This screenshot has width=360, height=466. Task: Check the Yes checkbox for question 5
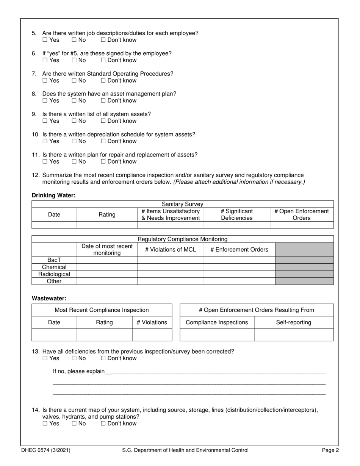[45, 40]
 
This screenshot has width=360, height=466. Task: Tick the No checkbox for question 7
[74, 81]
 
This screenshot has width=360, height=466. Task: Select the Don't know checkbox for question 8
[103, 101]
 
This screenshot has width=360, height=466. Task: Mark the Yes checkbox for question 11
[45, 162]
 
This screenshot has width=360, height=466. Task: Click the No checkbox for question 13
[74, 358]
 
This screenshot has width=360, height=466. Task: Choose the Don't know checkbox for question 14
[103, 424]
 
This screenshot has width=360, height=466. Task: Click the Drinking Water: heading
[53, 195]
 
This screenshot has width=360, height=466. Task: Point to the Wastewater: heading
[49, 299]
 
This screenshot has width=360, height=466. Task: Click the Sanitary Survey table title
[182, 204]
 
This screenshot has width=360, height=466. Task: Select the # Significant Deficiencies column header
[236, 214]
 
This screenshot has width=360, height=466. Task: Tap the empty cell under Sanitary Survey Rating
[107, 225]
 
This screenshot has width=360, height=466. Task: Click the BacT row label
[54, 260]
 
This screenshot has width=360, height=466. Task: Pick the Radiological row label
[54, 274]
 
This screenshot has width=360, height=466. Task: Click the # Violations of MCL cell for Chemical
[171, 267]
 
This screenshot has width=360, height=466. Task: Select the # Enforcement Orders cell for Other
[239, 281]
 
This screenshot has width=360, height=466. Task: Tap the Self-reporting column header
[293, 322]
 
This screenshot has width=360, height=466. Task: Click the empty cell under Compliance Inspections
[216, 335]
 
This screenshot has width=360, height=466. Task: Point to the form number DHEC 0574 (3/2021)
[45, 450]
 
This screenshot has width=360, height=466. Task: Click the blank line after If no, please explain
[214, 371]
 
